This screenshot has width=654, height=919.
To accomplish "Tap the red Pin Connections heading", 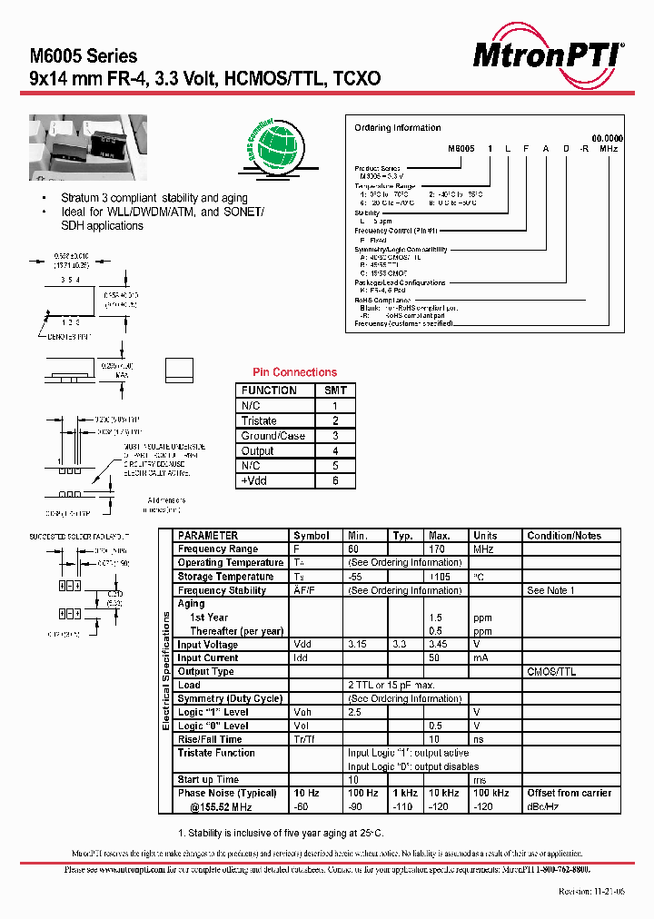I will click(293, 372).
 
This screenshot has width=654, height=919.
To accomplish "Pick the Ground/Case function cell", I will click(273, 436).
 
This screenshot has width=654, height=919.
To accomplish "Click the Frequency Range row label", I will click(218, 549).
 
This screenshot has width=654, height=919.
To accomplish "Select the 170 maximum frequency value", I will click(438, 549).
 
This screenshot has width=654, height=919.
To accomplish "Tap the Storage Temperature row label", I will click(226, 577).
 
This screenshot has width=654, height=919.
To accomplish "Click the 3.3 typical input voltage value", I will click(401, 645).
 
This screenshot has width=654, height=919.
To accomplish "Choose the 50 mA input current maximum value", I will click(434, 658).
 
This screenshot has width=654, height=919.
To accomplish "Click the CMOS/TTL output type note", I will click(551, 672).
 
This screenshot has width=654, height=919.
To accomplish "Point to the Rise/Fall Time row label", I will click(210, 739).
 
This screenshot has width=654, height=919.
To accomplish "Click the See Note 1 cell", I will click(550, 590).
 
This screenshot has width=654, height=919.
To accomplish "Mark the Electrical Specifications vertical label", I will click(166, 670).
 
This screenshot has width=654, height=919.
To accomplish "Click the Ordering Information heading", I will click(397, 128).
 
